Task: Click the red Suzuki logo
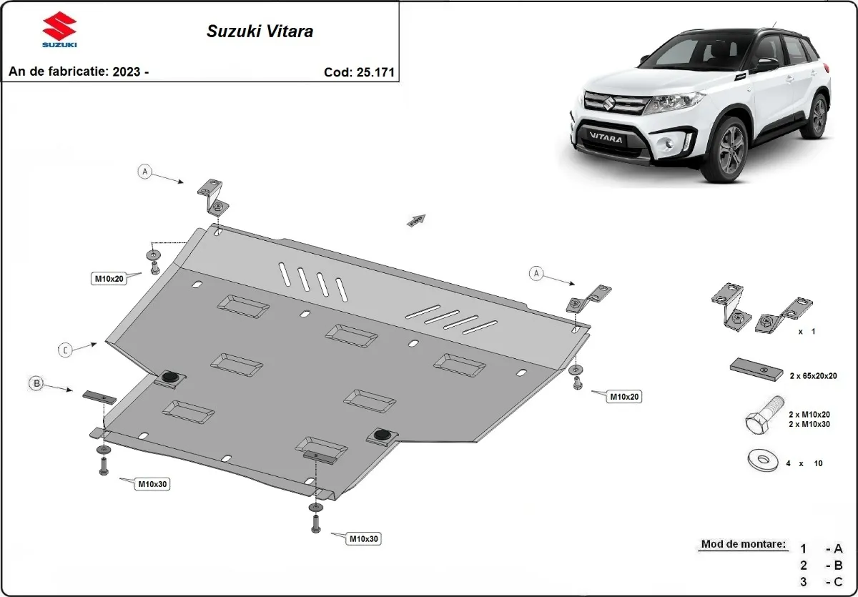point(59,27)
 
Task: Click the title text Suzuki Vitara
point(260,31)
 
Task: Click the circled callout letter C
point(65,350)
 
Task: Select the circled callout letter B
point(36,384)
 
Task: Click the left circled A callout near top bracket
point(146,172)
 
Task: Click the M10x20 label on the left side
point(109,278)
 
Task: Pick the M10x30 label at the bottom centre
point(363,538)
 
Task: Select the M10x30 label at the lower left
point(153,484)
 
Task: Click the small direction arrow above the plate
point(416,219)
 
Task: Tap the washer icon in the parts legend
point(763,461)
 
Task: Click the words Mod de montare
point(743,544)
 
